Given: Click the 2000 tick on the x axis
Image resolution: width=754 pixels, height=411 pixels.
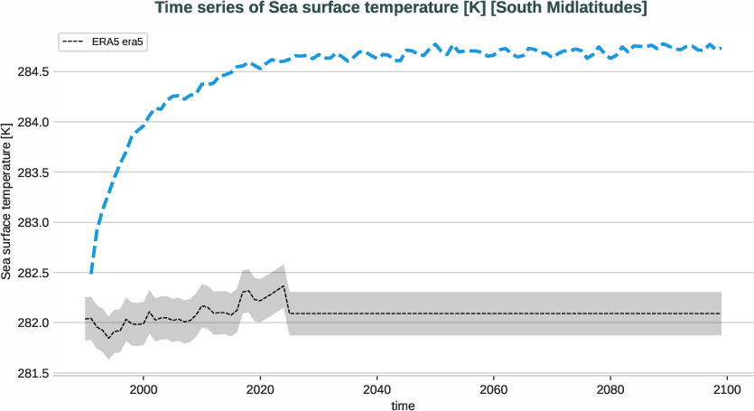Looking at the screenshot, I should coord(144,390).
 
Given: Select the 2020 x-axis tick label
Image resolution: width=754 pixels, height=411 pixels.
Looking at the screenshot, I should coord(260,390).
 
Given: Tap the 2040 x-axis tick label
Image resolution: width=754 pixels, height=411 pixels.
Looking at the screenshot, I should coord(377,390).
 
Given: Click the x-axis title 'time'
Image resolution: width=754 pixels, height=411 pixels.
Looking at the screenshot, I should coord(403,406).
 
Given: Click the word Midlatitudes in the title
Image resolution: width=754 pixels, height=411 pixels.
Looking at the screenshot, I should coord(591,9).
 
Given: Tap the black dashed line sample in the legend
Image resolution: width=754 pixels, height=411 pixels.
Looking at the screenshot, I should coord(74,42).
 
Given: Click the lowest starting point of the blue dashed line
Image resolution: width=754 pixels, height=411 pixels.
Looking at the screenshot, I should coord(90,273).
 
